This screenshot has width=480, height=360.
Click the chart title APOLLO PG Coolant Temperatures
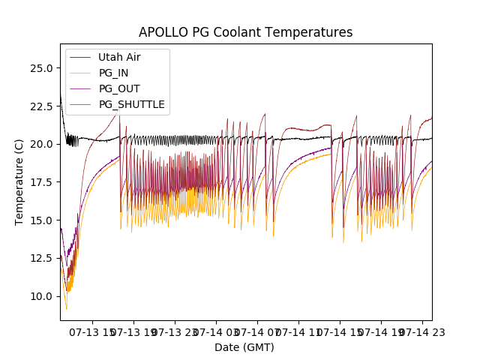(x=245, y=32)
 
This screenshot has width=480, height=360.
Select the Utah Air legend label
(x=119, y=57)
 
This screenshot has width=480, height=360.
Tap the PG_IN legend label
(x=114, y=73)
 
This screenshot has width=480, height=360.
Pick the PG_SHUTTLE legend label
(x=131, y=104)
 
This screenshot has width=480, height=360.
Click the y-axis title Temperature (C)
(x=19, y=182)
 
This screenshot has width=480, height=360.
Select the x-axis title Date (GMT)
(x=244, y=347)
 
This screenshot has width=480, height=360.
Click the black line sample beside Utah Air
(x=82, y=57)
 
